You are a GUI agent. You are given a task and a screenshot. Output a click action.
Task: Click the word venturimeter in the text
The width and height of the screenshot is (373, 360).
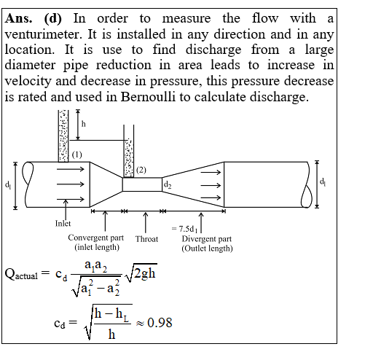(x=44, y=34)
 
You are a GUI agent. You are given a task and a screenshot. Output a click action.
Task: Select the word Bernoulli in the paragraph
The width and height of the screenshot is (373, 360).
(x=148, y=97)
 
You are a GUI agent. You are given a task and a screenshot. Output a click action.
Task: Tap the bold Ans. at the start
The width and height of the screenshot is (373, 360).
(x=18, y=18)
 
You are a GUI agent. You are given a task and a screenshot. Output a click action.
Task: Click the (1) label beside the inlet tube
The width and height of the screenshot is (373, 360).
(x=77, y=154)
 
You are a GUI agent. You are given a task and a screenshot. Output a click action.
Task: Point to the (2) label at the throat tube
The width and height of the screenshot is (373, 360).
(x=141, y=170)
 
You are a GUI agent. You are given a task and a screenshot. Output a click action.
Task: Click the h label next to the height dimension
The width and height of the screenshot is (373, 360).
(x=84, y=124)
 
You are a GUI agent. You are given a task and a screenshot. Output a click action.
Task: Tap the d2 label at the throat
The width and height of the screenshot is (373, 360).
(x=168, y=184)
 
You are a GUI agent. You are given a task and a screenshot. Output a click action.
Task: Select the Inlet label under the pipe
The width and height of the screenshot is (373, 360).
(x=63, y=223)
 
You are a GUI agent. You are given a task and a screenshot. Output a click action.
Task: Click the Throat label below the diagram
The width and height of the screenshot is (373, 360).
(x=146, y=239)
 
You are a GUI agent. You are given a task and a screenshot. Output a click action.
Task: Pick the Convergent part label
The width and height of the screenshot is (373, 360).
(x=95, y=238)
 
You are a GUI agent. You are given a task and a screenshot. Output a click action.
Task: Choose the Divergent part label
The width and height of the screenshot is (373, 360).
(x=207, y=239)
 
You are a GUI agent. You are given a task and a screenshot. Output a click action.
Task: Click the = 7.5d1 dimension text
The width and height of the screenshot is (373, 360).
(x=184, y=229)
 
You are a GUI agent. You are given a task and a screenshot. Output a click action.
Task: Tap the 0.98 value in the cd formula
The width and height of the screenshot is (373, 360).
(x=160, y=323)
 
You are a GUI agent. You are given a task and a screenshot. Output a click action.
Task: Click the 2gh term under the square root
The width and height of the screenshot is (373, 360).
(x=144, y=273)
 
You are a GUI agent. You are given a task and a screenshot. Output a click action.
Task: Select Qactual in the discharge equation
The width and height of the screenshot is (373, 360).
(x=21, y=274)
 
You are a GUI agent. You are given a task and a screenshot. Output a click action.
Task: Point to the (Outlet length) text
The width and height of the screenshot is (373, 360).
(x=207, y=249)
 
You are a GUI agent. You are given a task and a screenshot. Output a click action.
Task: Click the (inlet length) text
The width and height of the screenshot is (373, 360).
(x=97, y=247)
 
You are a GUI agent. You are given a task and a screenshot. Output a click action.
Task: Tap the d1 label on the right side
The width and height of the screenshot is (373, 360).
(x=323, y=181)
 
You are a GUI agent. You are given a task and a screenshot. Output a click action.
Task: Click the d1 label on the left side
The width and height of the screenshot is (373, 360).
(x=8, y=185)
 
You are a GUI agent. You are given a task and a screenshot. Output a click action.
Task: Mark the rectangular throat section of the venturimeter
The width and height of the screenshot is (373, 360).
(x=142, y=184)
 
